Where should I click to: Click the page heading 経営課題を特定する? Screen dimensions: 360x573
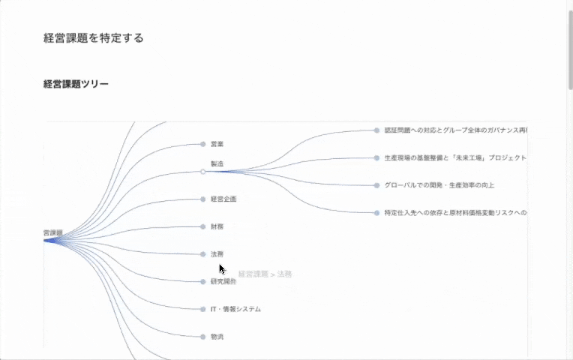click(x=93, y=38)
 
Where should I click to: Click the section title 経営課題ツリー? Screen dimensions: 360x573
click(x=76, y=84)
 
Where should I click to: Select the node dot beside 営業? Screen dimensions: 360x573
click(x=202, y=144)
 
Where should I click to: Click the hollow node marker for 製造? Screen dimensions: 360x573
click(x=202, y=172)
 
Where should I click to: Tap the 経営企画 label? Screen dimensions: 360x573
click(x=223, y=199)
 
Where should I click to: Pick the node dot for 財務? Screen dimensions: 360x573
click(x=202, y=226)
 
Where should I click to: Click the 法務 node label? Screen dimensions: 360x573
click(x=217, y=254)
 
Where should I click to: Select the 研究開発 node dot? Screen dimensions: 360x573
click(x=202, y=282)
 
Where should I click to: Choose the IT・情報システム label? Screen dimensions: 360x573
click(x=235, y=309)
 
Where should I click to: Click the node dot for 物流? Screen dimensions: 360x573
click(x=202, y=337)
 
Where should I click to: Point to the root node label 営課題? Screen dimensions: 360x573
click(x=53, y=233)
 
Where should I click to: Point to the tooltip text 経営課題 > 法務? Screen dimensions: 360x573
click(x=265, y=274)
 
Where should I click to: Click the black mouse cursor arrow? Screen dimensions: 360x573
click(x=221, y=268)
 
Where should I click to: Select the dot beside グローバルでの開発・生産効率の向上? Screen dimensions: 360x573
click(x=376, y=185)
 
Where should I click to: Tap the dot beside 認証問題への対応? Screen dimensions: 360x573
click(x=376, y=130)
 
